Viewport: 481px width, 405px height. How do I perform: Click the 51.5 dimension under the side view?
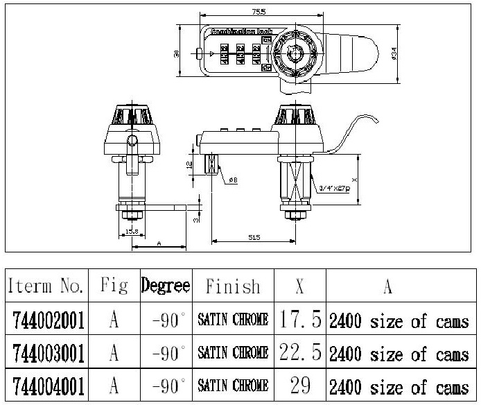pos(253,238)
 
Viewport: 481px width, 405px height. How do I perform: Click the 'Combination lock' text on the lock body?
pos(238,33)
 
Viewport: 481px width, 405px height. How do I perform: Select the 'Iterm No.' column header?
pos(46,286)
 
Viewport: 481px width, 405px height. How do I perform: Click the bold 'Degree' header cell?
pos(166,286)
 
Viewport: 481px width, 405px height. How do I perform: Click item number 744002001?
pos(49,320)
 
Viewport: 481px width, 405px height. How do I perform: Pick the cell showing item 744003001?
pos(49,354)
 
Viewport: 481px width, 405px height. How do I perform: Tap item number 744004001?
pos(49,386)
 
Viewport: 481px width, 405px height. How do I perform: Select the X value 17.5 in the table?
pos(300,320)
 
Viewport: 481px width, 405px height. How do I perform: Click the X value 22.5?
pos(300,353)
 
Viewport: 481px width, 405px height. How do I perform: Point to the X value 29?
pos(300,386)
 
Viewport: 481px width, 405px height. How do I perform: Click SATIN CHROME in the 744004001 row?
pos(233,386)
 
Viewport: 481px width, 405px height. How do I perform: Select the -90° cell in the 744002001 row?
pos(167,320)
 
